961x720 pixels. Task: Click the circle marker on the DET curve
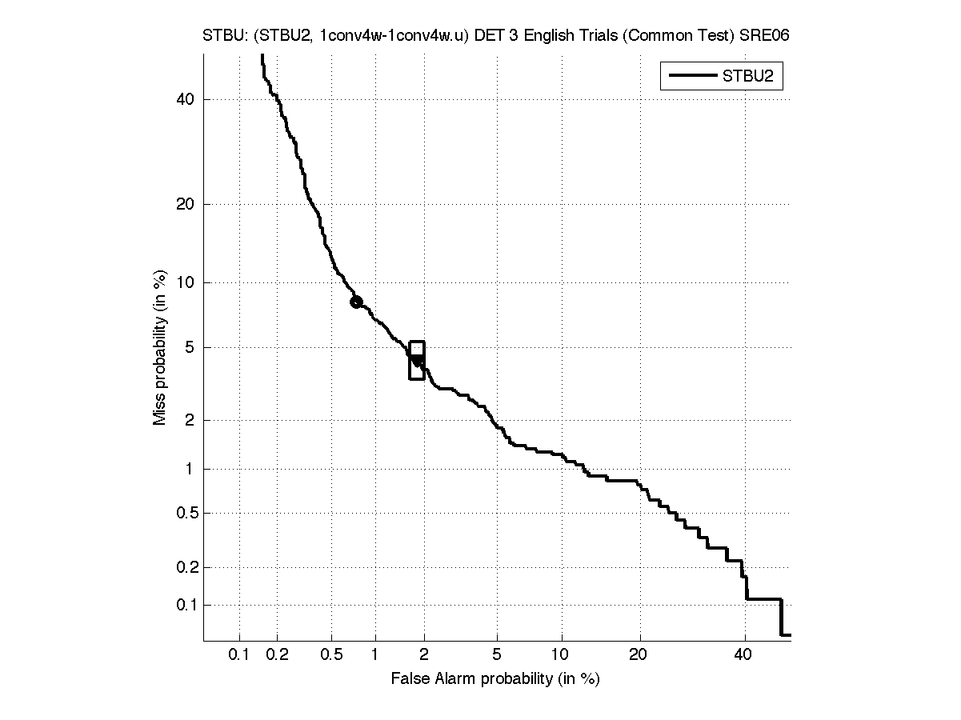356,302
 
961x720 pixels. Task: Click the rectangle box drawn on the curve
416,360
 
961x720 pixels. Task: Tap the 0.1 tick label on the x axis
239,656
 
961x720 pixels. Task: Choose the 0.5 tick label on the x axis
330,656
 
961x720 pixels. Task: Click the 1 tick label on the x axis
375,656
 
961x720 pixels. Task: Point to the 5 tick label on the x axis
497,656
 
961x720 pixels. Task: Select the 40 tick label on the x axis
744,656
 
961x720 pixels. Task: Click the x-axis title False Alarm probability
495,679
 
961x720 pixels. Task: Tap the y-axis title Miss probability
160,349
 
